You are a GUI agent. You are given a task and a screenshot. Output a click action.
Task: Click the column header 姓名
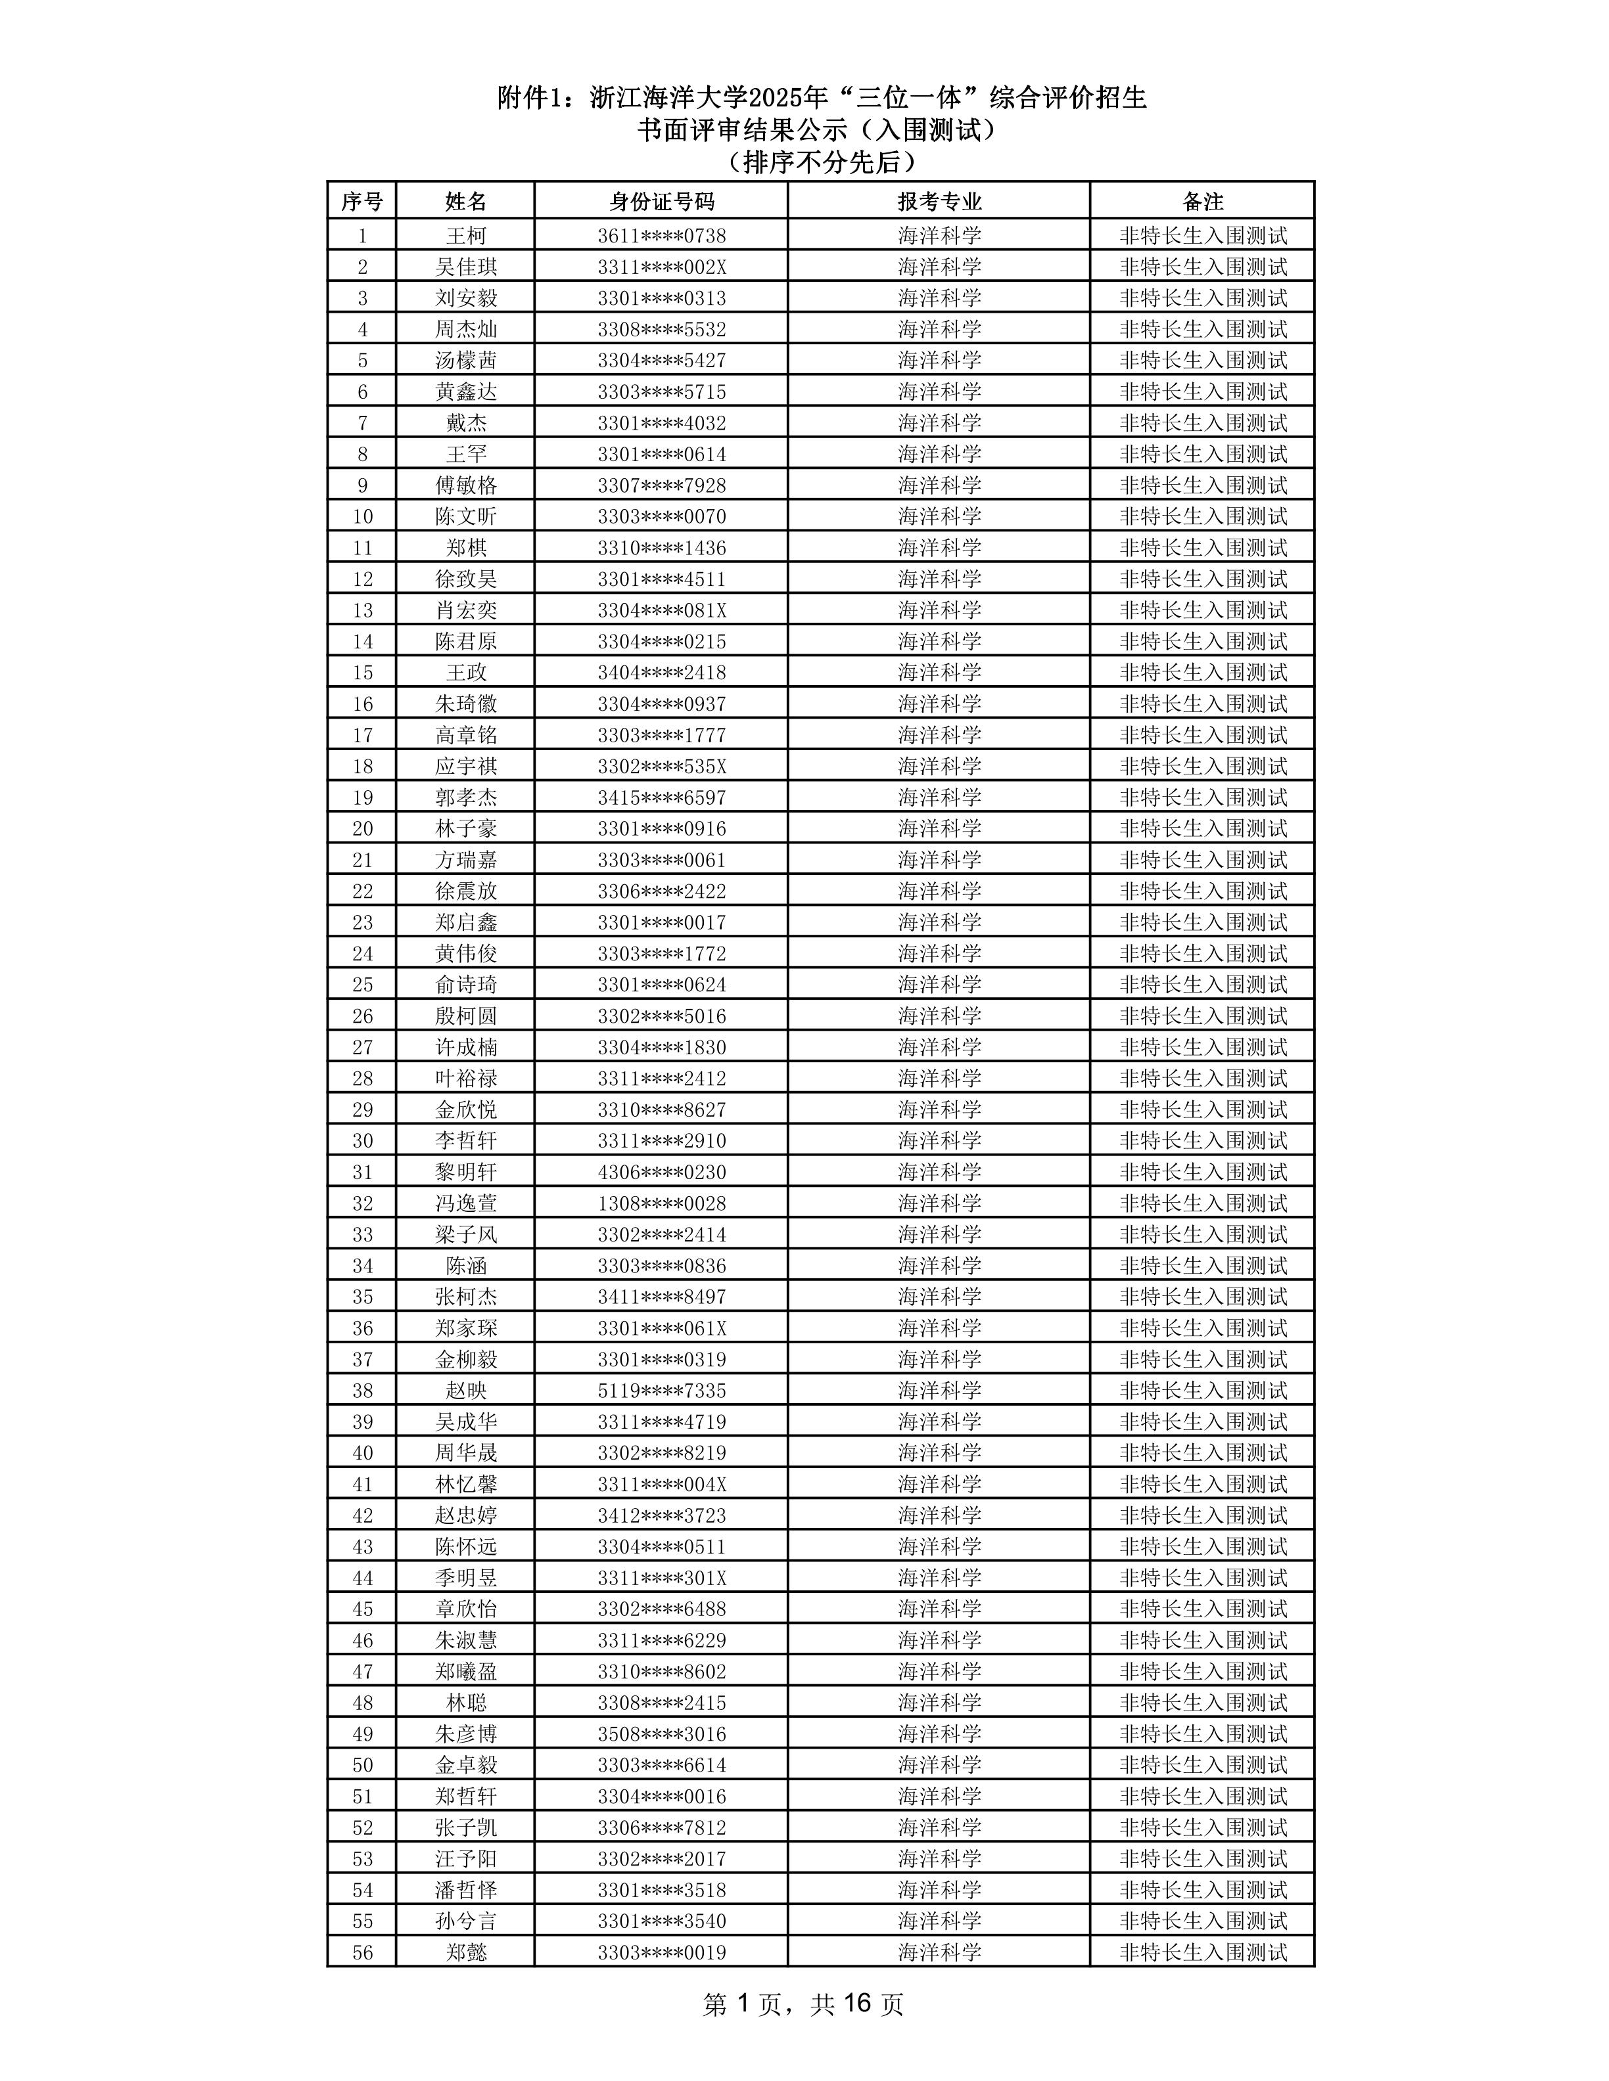465,201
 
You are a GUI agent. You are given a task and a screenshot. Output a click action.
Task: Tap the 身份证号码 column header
661,201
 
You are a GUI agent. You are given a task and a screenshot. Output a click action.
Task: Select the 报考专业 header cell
939,201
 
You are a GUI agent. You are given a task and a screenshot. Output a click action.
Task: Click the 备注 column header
1202,201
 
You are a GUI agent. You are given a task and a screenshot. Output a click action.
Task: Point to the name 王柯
465,235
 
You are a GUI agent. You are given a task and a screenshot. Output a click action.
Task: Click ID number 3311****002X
661,267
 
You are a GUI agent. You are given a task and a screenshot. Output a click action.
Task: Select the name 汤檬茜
465,360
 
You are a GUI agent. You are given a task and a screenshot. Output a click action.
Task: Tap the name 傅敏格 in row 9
465,485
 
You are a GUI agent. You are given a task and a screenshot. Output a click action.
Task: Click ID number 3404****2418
661,673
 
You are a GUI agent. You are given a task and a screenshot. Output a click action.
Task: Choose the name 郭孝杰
465,797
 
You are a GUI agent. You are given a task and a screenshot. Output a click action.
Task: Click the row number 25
362,984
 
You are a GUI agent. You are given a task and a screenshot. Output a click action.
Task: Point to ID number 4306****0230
661,1172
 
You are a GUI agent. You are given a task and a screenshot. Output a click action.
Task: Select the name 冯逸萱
465,1203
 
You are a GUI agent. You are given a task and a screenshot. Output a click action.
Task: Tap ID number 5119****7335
661,1390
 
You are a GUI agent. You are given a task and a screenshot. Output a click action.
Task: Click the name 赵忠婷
465,1515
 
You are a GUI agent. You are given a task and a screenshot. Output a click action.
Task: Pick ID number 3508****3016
661,1734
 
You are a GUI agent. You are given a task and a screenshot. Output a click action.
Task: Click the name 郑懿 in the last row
465,1952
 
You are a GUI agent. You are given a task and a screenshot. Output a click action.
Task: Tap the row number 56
362,1952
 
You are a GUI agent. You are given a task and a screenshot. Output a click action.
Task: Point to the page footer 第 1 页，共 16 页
803,2005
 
